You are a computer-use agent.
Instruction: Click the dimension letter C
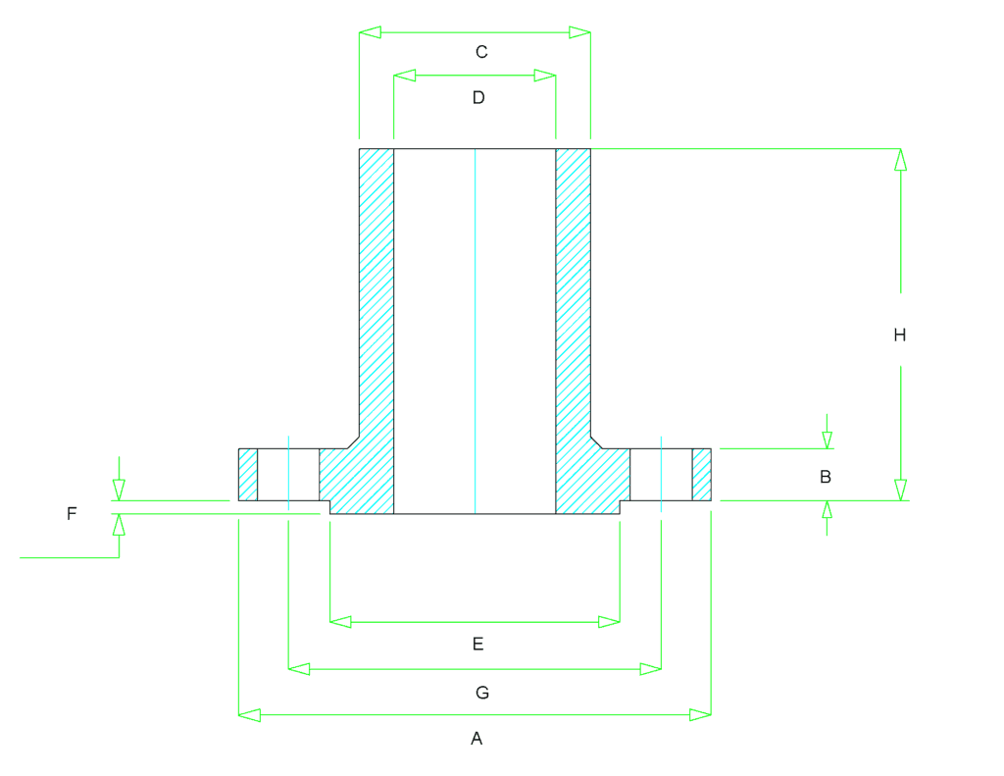pos(481,52)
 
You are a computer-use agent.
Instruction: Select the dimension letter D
pos(478,97)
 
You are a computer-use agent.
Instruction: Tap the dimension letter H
pos(900,335)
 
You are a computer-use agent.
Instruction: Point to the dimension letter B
pos(826,477)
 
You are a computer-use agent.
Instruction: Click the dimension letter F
pos(72,513)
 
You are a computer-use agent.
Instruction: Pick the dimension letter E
pos(477,644)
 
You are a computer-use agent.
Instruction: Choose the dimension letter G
pos(482,693)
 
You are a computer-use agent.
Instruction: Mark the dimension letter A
pos(477,739)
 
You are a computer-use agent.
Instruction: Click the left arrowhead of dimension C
pos(370,32)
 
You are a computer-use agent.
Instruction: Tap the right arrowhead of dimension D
pos(545,76)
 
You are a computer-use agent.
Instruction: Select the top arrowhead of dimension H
pos(900,160)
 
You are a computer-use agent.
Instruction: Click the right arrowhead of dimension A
pos(700,714)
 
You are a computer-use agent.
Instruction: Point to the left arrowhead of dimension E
pos(340,622)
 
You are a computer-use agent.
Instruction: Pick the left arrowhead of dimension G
pos(299,669)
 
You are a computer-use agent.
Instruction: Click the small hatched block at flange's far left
pos(248,475)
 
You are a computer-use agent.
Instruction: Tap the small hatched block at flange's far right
pos(702,475)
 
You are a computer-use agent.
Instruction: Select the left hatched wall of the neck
pos(376,291)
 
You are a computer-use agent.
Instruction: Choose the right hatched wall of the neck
pos(573,291)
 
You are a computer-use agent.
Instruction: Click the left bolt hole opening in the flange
pos(288,475)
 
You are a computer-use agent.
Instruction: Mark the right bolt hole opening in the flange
pos(661,475)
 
